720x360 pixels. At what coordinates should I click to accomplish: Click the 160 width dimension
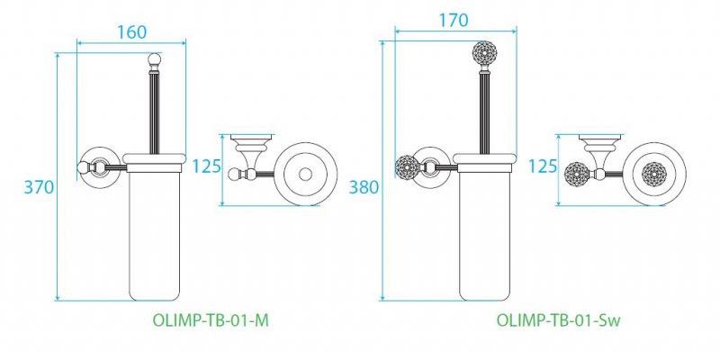click(131, 31)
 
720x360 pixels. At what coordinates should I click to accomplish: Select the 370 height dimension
click(40, 187)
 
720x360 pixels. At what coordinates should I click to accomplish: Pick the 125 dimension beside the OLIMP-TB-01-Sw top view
click(544, 167)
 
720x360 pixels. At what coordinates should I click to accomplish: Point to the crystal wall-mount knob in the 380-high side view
click(408, 167)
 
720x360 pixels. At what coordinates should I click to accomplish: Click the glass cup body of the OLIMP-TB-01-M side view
click(157, 234)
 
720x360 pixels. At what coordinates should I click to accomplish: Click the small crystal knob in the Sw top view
click(577, 172)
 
